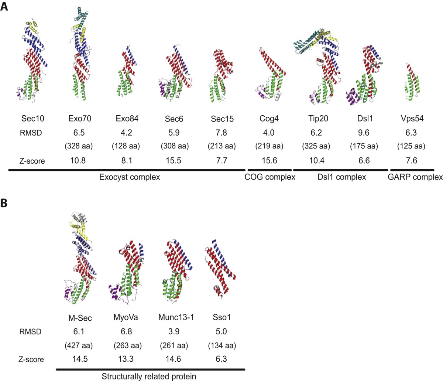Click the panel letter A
[4, 7]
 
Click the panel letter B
[4, 204]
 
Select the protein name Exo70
[79, 119]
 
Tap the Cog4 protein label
[269, 119]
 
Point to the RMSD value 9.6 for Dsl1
[364, 133]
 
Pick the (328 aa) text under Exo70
[79, 146]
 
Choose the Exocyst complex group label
[130, 177]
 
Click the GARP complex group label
[415, 177]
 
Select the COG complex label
[270, 177]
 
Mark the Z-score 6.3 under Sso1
[221, 359]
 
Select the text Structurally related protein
[149, 376]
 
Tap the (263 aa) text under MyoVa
[127, 345]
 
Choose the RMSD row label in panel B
[30, 332]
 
